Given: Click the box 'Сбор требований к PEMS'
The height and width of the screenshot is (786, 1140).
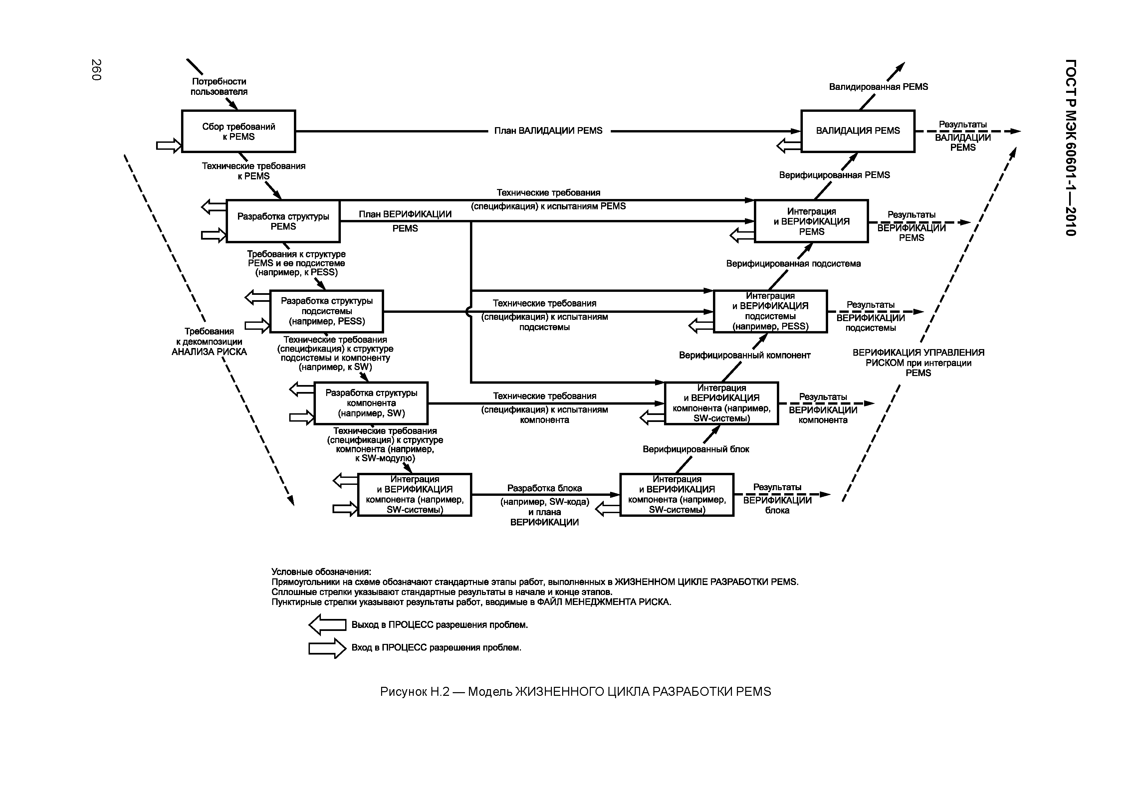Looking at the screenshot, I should click(x=238, y=131).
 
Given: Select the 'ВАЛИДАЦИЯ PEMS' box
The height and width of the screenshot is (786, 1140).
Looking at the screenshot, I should click(x=858, y=131).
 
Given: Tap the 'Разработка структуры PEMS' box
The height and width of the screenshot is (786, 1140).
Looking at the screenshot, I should click(x=283, y=221).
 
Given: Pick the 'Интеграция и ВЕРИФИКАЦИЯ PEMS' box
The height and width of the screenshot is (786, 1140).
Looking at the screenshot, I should click(x=811, y=221).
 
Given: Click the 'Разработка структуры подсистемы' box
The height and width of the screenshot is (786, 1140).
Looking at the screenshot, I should click(x=327, y=311).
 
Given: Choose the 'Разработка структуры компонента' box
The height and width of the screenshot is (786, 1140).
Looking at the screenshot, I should click(x=371, y=403).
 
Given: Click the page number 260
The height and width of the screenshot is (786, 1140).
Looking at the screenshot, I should click(x=96, y=70).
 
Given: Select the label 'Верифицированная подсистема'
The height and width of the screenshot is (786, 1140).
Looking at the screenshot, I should click(x=793, y=264).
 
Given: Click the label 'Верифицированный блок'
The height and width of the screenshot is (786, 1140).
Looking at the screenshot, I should click(x=696, y=449).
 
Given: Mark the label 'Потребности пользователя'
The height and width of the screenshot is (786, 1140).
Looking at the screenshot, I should click(x=219, y=87).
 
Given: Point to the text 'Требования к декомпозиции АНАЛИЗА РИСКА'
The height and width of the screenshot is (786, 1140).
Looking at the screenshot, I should click(x=209, y=342).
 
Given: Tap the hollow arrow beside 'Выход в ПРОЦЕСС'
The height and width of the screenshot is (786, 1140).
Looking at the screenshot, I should click(x=327, y=625).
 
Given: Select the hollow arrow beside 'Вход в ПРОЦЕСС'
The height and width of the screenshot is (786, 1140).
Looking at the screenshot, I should click(x=327, y=648).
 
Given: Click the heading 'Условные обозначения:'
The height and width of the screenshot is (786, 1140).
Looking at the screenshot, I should click(x=321, y=572).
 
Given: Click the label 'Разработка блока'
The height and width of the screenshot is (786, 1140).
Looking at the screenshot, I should click(x=545, y=488).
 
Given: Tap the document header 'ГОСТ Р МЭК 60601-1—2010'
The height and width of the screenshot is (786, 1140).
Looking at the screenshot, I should click(x=1070, y=148).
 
